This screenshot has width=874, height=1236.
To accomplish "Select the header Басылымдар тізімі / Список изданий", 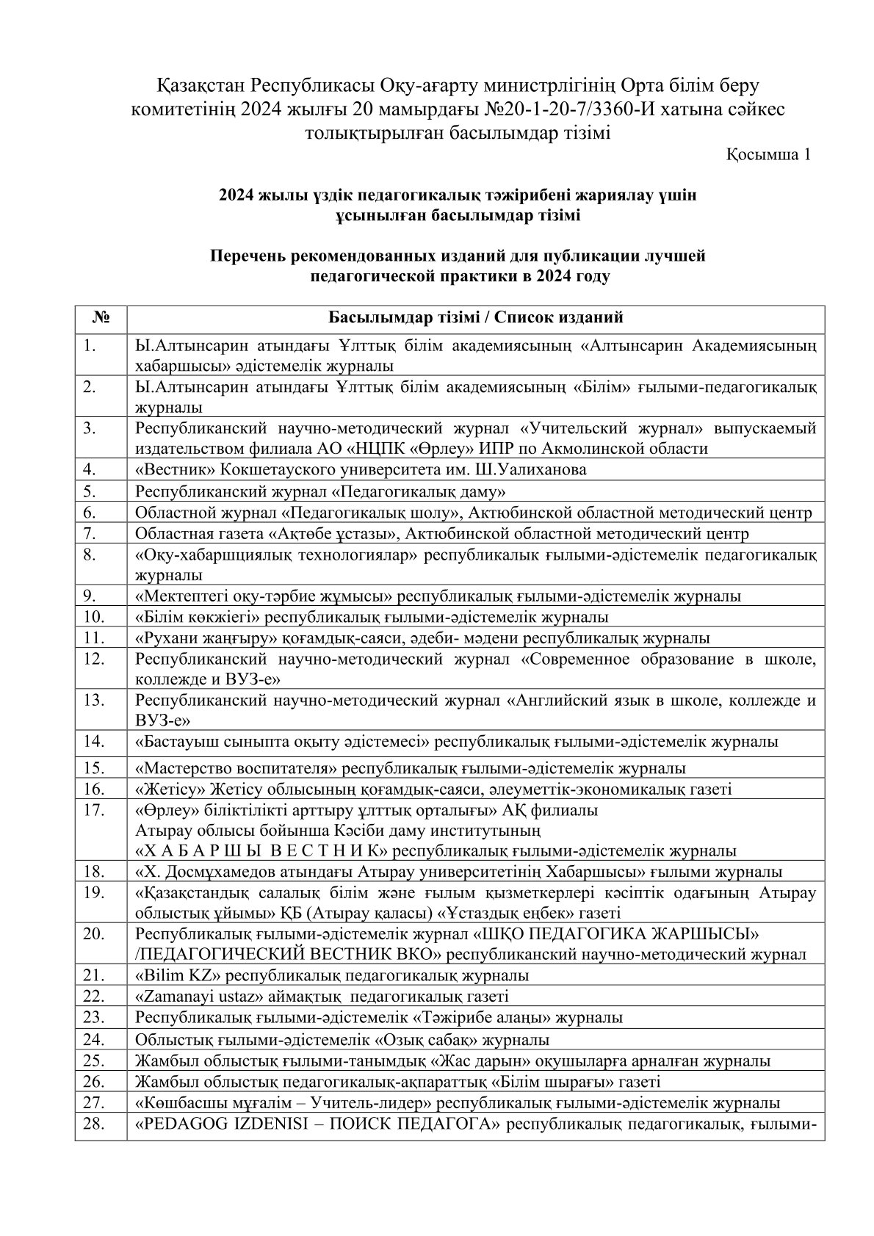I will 475,318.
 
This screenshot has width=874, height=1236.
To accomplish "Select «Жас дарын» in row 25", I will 466,1061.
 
